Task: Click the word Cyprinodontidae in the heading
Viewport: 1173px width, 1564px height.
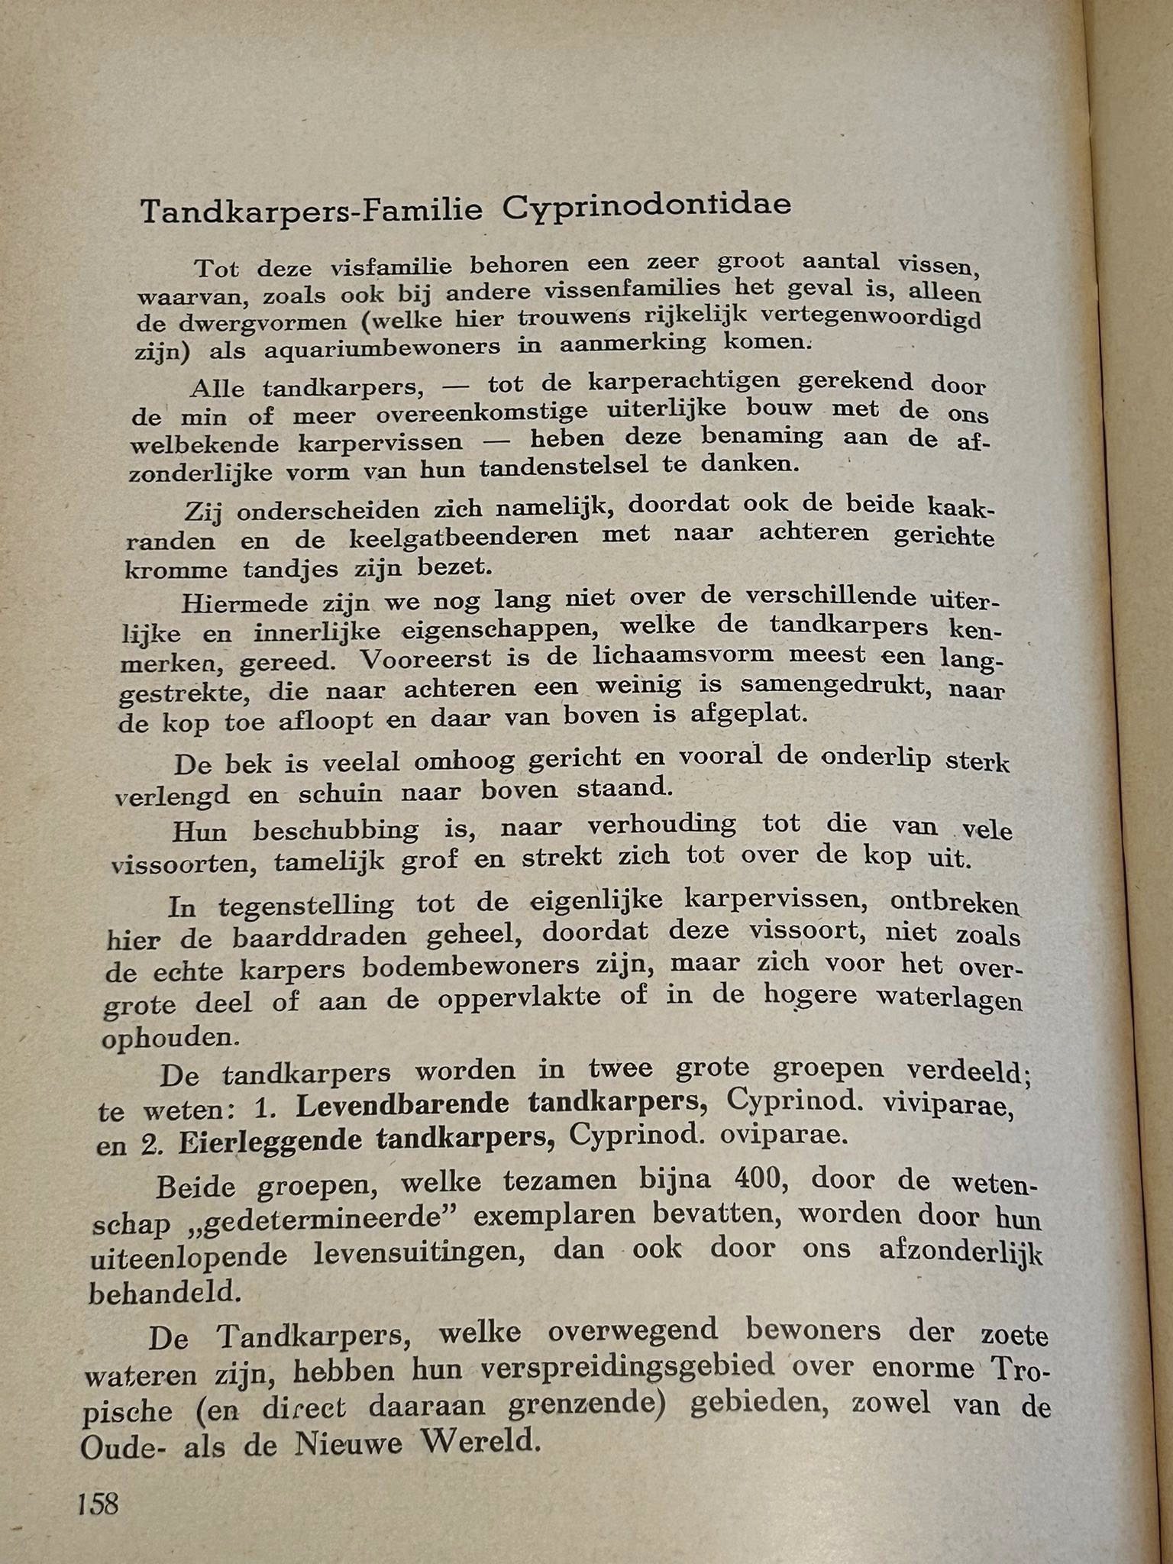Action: pyautogui.click(x=646, y=206)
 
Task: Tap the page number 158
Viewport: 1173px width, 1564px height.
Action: pyautogui.click(x=98, y=1504)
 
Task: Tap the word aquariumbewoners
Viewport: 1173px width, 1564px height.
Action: pyautogui.click(x=383, y=347)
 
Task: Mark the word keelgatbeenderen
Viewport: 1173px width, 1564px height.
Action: pyautogui.click(x=464, y=537)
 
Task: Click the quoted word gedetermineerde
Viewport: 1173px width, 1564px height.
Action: pyautogui.click(x=321, y=1217)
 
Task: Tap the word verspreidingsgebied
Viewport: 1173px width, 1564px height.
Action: pyautogui.click(x=628, y=1367)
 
